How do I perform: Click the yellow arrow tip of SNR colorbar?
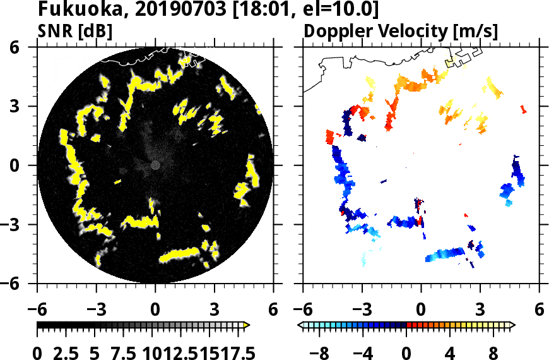click(x=247, y=325)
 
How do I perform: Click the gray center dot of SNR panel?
click(x=155, y=165)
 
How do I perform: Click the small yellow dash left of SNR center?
click(x=117, y=182)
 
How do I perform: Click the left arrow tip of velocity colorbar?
click(x=300, y=325)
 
